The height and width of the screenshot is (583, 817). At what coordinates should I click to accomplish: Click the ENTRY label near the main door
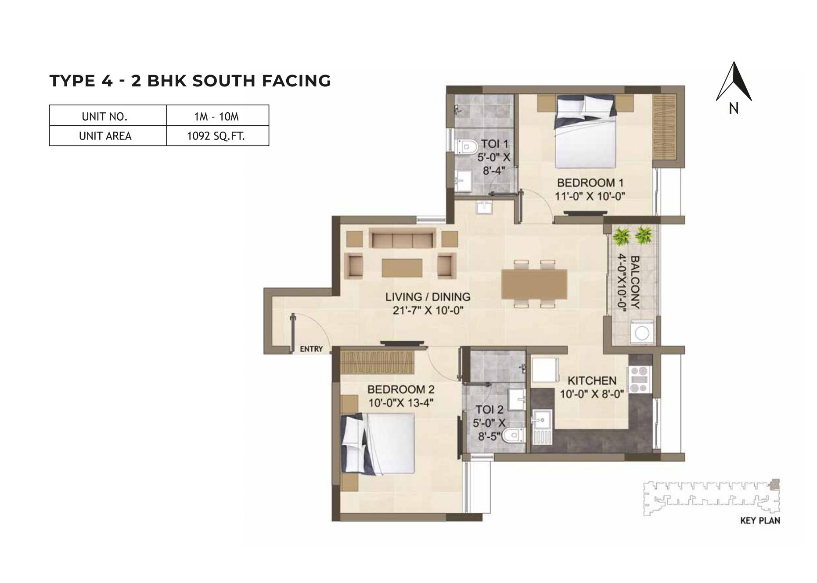pos(311,349)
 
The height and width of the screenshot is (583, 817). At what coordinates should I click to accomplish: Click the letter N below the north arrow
pos(733,108)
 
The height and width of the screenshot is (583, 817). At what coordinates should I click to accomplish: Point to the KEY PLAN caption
pos(760,521)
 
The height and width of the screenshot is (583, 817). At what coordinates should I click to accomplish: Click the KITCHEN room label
pos(592,380)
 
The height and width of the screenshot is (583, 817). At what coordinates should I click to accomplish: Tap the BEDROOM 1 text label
pos(590,182)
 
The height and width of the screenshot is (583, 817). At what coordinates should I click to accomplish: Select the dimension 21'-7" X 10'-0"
pos(428,311)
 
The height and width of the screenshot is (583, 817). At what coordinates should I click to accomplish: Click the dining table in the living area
pos(534,284)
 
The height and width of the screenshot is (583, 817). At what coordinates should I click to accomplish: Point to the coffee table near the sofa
pos(402,268)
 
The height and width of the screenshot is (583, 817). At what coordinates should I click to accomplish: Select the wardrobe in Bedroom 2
pos(378,362)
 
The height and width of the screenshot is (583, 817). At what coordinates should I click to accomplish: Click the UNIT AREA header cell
pos(105,136)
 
